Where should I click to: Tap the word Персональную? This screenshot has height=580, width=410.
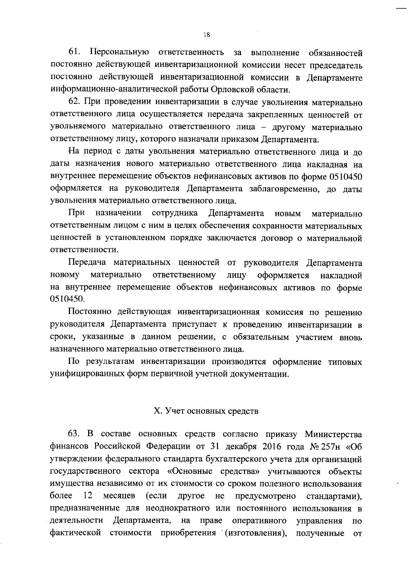click(119, 53)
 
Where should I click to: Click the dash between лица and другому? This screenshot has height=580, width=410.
click(263, 127)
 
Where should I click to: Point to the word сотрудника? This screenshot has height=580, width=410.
click(175, 213)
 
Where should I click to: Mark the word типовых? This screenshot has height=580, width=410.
click(345, 362)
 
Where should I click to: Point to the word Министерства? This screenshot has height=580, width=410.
click(333, 434)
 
